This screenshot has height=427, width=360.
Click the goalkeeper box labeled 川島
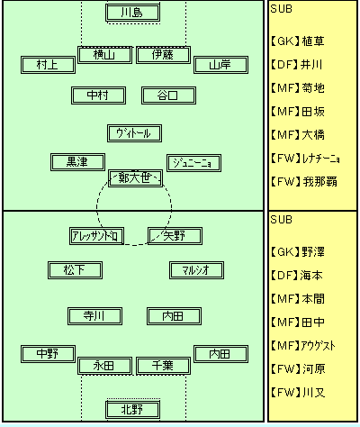coord(132,13)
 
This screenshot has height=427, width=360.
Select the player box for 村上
coord(48,65)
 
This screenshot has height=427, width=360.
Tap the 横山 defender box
coord(104,55)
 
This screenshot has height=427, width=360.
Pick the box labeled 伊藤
coord(163,55)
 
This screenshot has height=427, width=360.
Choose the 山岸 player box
coord(220,65)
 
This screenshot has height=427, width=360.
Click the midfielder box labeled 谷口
coord(168,95)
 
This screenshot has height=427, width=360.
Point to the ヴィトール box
coord(134,133)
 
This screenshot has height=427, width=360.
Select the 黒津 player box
coord(77,162)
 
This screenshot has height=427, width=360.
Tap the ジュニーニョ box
coord(193,163)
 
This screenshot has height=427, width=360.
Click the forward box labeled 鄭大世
coord(135,178)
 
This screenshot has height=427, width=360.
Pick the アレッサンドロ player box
coord(96,236)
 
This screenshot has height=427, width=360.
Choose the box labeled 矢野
coord(175,236)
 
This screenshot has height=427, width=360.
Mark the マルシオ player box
coord(196,270)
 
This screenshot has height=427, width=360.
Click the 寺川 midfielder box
coord(94,316)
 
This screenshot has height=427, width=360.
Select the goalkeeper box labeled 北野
coord(132,409)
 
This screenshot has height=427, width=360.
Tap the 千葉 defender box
coord(163,366)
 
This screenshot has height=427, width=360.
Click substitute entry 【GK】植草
coord(297,41)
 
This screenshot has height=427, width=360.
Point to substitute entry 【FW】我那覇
coord(303,182)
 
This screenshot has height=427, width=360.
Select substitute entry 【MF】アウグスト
coord(302,346)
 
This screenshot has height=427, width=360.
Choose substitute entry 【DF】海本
coord(296,276)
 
